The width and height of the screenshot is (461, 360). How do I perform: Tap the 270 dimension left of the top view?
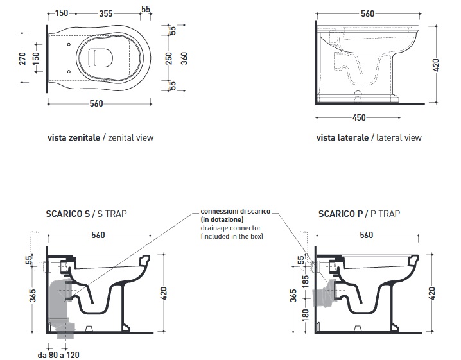coord(22,58)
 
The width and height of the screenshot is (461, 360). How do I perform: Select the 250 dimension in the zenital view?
coord(170,58)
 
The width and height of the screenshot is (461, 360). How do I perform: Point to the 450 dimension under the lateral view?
coord(359,117)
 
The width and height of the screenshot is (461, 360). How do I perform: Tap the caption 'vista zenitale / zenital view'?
coord(100,137)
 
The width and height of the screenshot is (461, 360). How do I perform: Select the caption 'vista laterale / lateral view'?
coord(369,137)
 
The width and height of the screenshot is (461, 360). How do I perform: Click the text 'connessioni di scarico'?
coord(234,212)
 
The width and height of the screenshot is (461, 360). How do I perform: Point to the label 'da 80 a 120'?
coord(58,354)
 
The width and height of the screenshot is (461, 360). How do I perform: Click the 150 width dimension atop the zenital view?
coord(62,13)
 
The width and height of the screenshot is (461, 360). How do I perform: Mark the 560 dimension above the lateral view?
coord(367,13)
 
